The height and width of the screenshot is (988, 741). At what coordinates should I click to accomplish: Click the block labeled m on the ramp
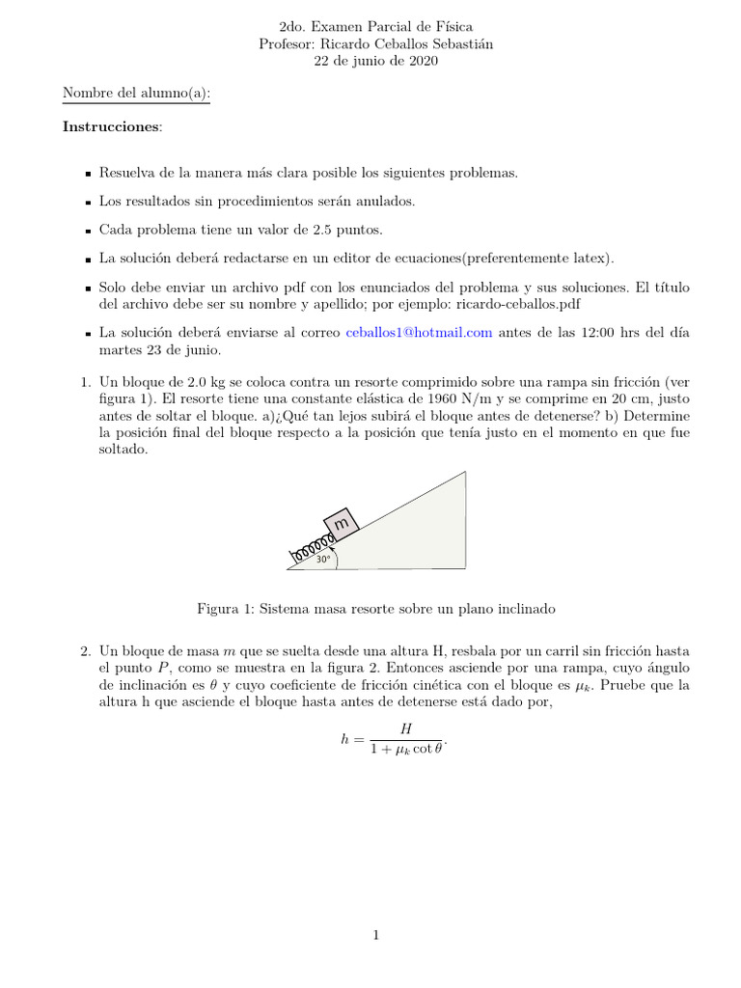coord(342,523)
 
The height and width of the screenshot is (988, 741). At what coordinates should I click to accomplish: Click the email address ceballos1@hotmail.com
coord(419,332)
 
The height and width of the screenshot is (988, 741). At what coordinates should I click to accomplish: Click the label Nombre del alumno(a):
coord(136,94)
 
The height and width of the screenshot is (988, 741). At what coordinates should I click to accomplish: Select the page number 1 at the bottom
coord(376,935)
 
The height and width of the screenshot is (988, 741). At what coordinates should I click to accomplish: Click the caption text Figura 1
coord(226,609)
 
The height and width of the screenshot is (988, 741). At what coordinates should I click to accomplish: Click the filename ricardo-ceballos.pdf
coord(517,304)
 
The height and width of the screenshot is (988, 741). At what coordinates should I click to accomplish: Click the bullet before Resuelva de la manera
coord(87,174)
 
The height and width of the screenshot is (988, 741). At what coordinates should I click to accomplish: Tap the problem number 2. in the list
coord(86,653)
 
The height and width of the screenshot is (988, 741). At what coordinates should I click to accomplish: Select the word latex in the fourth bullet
coord(590,258)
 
